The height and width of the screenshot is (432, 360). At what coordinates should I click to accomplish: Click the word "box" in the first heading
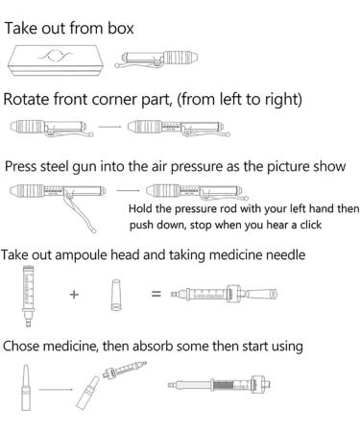tap(120, 28)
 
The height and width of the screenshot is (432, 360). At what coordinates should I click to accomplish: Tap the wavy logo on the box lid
tap(57, 56)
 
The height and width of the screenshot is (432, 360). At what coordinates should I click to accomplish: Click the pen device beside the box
tap(156, 59)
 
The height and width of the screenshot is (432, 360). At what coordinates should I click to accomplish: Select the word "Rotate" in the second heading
tap(27, 99)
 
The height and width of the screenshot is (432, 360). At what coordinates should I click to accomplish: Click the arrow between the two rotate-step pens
tap(109, 127)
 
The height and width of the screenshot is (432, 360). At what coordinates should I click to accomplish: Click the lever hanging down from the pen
tap(80, 213)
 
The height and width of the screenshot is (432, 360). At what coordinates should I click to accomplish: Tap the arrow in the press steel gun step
tap(128, 191)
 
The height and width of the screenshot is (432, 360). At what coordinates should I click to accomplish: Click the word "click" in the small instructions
tap(310, 225)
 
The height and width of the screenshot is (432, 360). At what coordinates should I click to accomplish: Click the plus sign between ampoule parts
tap(74, 294)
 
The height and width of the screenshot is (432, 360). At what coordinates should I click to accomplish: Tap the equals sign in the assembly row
tap(156, 294)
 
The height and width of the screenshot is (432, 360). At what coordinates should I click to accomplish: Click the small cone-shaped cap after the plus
tap(116, 295)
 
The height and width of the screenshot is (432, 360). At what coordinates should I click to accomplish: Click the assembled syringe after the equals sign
tap(224, 294)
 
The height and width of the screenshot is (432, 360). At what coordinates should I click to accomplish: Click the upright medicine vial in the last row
tap(26, 388)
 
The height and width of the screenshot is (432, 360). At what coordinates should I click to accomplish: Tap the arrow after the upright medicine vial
tap(56, 390)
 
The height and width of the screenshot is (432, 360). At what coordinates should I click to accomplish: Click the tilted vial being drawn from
tap(88, 393)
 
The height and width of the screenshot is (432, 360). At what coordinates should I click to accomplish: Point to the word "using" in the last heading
tap(287, 347)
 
